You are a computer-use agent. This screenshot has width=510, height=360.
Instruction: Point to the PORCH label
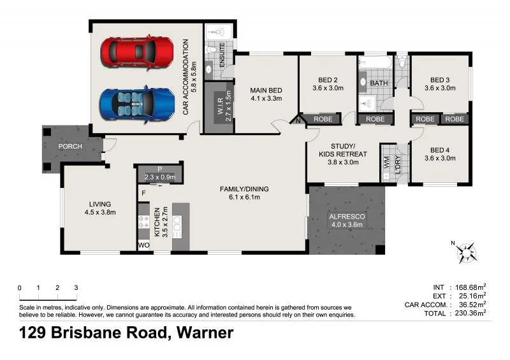pyautogui.click(x=70, y=147)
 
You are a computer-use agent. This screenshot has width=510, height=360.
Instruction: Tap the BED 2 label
pyautogui.click(x=328, y=80)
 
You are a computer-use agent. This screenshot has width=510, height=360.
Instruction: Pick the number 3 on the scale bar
pyautogui.click(x=76, y=288)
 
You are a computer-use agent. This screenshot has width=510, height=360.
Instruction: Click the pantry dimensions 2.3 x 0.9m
pyautogui.click(x=159, y=177)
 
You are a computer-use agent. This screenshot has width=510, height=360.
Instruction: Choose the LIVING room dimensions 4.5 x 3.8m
pyautogui.click(x=101, y=213)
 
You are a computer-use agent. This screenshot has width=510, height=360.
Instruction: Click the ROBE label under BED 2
pyautogui.click(x=323, y=119)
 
